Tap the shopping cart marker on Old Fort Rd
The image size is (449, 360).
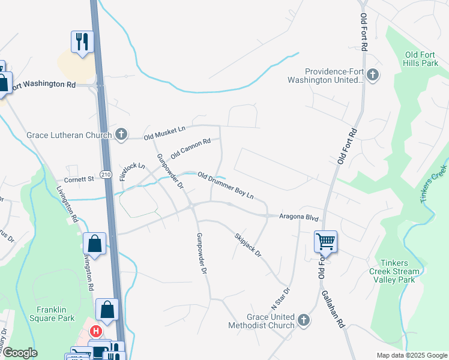point(325,242)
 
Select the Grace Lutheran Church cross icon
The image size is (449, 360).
point(121,134)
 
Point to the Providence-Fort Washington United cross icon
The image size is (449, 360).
point(373,74)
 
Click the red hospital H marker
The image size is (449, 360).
point(95,331)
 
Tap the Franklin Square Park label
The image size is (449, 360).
point(55,314)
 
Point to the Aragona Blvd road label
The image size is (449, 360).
point(298,217)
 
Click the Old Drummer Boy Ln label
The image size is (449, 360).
point(226,185)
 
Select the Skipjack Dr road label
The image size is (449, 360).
point(248,245)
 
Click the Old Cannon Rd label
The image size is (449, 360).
point(190,148)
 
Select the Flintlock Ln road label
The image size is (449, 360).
point(132,172)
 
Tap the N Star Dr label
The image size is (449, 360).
point(282,298)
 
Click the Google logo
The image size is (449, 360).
point(20,353)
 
